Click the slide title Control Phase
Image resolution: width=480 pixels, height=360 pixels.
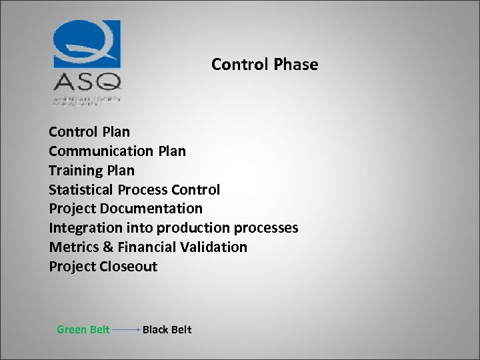click(x=265, y=65)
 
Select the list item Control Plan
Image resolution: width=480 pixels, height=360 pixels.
click(x=89, y=132)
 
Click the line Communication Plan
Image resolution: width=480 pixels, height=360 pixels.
click(x=117, y=151)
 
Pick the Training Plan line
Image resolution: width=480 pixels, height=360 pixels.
click(x=91, y=171)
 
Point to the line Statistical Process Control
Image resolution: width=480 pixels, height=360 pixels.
click(x=134, y=190)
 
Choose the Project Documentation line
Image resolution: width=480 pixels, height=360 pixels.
click(x=125, y=209)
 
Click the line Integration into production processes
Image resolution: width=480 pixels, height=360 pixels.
click(x=173, y=228)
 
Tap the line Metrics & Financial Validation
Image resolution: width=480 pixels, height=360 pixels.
click(x=148, y=247)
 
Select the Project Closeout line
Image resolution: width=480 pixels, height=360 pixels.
click(x=103, y=267)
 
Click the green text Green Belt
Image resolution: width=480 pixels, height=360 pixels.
click(x=83, y=329)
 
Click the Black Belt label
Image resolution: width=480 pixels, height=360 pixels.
click(x=167, y=329)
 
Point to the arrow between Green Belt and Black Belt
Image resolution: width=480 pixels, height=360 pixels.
click(x=126, y=329)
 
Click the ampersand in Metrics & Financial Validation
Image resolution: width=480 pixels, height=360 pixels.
click(x=109, y=247)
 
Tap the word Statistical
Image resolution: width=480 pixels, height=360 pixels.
click(x=81, y=190)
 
